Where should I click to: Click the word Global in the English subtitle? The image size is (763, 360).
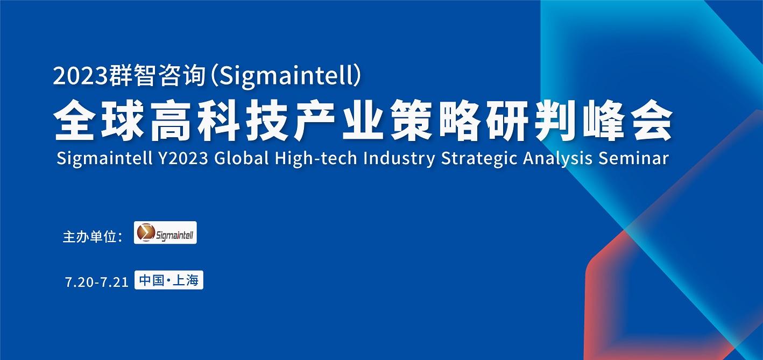tap(242, 158)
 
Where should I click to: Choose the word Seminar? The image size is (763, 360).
tap(634, 158)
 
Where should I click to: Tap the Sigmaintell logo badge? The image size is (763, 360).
tap(165, 232)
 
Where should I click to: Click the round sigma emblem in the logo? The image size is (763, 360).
tap(145, 232)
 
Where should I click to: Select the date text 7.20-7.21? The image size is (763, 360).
tap(97, 282)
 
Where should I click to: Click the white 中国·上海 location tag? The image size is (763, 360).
tap(169, 280)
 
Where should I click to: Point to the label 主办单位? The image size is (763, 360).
tap(89, 237)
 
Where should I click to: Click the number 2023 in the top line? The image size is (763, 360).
tap(80, 76)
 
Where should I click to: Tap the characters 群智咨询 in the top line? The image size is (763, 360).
tap(157, 76)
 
